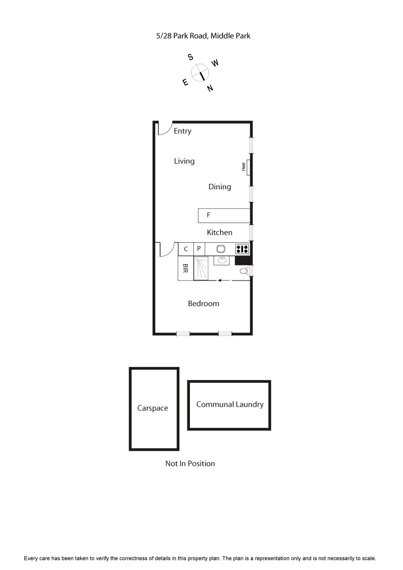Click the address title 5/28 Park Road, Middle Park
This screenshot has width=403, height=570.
coord(203,36)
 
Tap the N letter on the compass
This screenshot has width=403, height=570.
coord(211,89)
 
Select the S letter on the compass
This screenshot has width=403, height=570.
coord(191,57)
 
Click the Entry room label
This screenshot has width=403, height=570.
coord(182,131)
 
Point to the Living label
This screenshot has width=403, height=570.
coord(184,161)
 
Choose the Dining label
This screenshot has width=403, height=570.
coord(220,187)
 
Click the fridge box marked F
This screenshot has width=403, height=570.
coord(224,216)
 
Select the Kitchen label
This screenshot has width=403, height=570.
coord(220,232)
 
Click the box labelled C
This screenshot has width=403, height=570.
coord(186,249)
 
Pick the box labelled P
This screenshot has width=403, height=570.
coord(199,249)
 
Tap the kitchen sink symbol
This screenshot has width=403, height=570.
coord(221,249)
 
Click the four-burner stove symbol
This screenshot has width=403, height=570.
coord(242,249)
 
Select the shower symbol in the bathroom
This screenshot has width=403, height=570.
coord(201,268)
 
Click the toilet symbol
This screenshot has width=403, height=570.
coord(244,271)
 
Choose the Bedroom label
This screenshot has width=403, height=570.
coord(204,304)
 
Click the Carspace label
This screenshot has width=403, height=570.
coord(153,408)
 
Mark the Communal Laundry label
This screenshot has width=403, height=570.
coord(230,404)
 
